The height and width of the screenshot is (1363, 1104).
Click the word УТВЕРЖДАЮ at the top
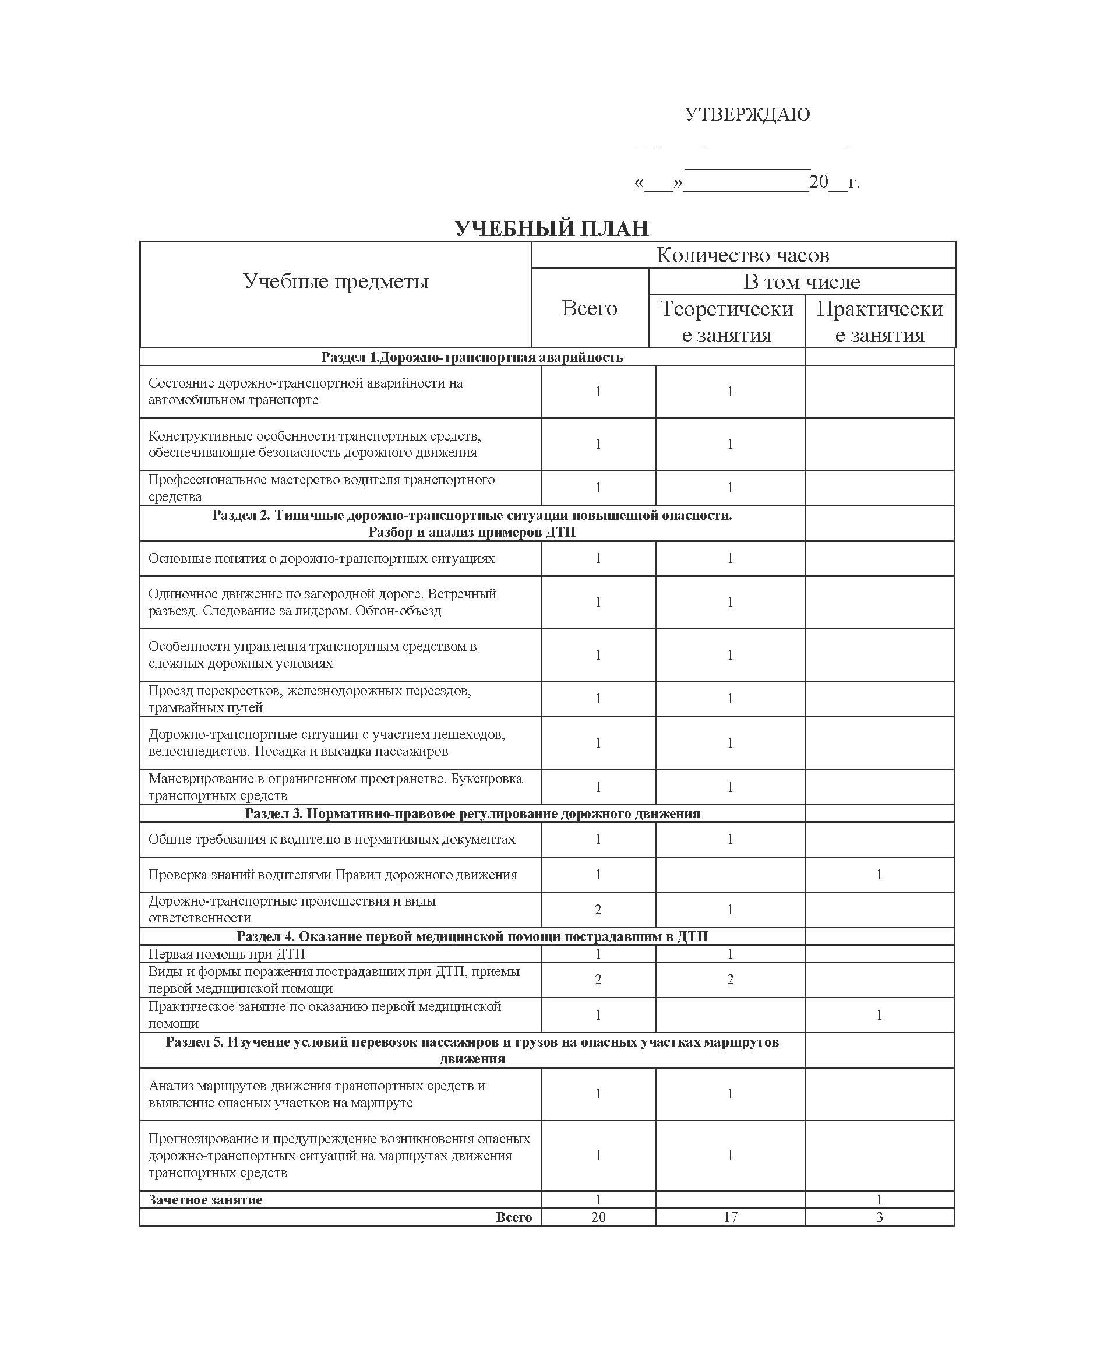(x=747, y=114)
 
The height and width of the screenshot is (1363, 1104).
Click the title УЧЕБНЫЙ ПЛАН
(x=551, y=228)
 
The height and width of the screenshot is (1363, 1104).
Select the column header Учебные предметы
(x=336, y=281)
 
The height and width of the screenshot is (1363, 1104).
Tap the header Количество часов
(x=742, y=255)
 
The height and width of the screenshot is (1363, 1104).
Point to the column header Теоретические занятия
(x=726, y=321)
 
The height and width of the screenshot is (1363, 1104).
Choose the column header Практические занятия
(x=880, y=321)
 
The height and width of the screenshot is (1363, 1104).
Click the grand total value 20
(x=598, y=1217)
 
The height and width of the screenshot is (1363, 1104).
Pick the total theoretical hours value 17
(x=730, y=1217)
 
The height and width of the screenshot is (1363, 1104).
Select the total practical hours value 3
(x=880, y=1217)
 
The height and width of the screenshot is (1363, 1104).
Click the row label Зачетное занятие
(x=206, y=1200)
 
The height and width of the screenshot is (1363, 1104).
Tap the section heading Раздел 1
(x=472, y=357)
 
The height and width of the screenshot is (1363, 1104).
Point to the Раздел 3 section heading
(x=472, y=813)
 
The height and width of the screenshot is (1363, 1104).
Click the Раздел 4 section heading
(x=472, y=936)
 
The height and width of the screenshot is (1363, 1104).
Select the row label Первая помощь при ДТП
(x=227, y=954)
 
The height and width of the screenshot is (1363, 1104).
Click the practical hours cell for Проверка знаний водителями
(x=880, y=875)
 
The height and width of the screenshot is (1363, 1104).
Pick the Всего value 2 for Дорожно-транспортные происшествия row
(x=598, y=910)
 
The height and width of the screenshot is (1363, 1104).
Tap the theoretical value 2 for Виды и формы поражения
(x=730, y=980)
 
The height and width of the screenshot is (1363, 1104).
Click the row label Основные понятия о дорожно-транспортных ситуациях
(x=321, y=558)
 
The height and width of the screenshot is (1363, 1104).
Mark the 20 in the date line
(x=819, y=182)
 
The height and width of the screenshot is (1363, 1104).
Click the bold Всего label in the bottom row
(x=514, y=1217)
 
